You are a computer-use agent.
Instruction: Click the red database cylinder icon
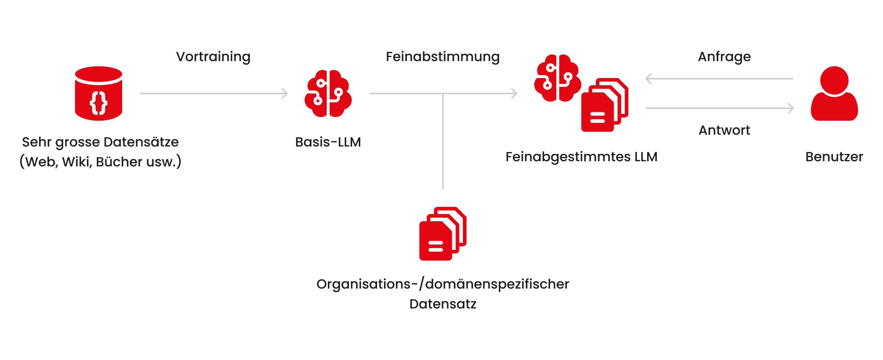pos(99,93)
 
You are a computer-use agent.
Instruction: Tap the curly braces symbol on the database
pos(99,103)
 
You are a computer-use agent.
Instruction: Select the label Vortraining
pos(213,57)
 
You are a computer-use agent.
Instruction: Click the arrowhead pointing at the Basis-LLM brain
pos(285,93)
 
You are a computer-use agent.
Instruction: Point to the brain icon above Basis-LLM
pos(328,93)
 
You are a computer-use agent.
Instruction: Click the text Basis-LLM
pos(328,142)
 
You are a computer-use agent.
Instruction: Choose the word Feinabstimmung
pos(443,57)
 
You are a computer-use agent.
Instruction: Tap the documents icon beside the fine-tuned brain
pos(605,105)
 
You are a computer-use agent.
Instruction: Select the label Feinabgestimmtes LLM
pos(581,157)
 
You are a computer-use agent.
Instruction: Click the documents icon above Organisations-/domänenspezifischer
pos(443,234)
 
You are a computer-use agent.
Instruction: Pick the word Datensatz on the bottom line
pos(443,304)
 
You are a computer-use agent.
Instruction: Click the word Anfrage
pos(724,57)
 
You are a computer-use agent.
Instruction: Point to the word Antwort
pos(724,130)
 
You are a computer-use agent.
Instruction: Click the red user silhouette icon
pos(834,93)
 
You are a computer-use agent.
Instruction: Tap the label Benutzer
pos(834,157)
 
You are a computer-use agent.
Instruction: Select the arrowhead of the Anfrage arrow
pos(649,79)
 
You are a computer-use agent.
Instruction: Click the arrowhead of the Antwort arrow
pos(791,108)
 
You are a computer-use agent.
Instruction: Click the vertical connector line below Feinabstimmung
pos(443,141)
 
